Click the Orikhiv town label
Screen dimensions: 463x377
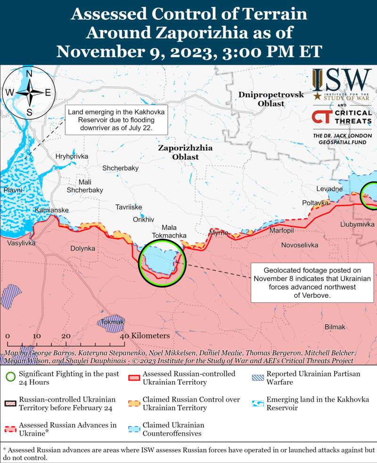pos(144,220)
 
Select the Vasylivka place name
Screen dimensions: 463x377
pos(20,243)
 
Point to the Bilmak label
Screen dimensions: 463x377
pos(335,327)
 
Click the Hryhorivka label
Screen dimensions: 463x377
pos(72,157)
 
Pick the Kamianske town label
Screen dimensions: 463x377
pos(52,210)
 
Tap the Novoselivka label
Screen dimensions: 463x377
pos(300,245)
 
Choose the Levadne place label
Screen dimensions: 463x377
pos(329,189)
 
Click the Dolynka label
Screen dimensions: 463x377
pos(82,248)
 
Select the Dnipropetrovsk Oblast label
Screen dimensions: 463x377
pos(264,99)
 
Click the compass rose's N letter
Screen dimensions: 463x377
pos(29,74)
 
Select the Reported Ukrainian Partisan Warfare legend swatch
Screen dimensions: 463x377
pos(257,378)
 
